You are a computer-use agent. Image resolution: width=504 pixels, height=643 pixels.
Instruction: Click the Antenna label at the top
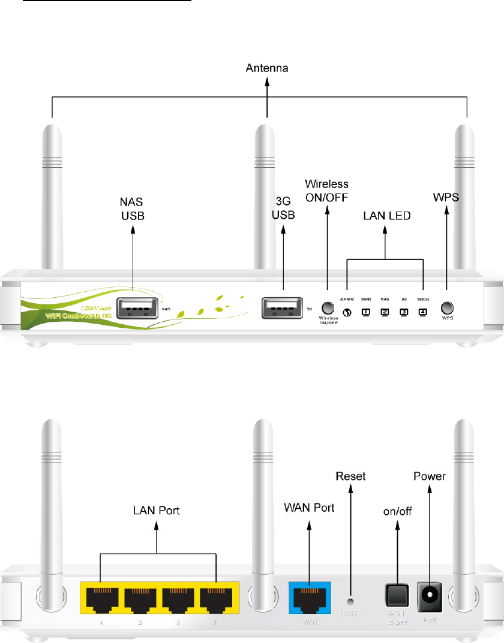267,69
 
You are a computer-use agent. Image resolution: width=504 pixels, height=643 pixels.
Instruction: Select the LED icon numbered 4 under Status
423,312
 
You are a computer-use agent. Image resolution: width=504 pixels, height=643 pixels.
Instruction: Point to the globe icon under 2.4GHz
347,312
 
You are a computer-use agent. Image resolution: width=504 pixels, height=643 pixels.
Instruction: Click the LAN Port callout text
156,511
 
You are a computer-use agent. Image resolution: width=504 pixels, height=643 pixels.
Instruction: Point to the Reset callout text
351,476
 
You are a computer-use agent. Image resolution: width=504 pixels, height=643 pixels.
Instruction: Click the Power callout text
430,476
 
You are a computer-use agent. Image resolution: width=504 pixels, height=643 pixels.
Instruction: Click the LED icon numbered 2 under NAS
385,312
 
